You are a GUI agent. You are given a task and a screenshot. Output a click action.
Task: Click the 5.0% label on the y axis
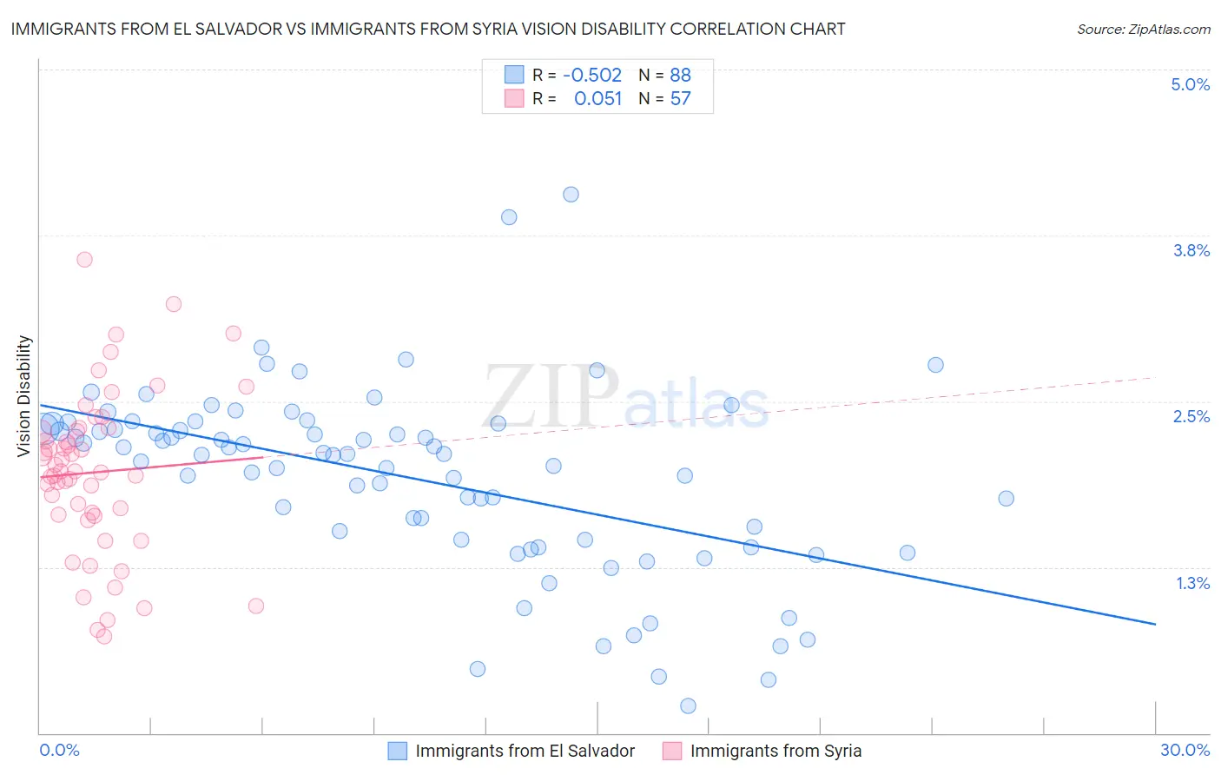tap(1190, 84)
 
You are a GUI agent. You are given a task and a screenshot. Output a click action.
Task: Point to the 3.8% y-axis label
tap(1191, 250)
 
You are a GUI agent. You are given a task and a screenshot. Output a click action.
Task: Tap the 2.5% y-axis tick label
tap(1191, 416)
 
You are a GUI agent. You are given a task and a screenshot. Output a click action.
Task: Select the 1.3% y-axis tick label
tap(1192, 583)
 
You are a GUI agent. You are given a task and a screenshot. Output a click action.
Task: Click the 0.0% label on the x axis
tap(59, 750)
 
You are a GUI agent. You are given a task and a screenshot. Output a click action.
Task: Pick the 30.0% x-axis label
tap(1185, 750)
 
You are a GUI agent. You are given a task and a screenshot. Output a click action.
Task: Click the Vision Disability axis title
tap(24, 396)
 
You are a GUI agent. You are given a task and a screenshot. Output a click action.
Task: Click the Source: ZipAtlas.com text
tap(1143, 29)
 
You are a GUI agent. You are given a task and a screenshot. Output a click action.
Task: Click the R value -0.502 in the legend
tap(592, 75)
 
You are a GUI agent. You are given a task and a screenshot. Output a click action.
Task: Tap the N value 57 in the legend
tap(680, 98)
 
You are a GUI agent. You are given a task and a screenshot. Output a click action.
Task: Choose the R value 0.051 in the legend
tap(597, 98)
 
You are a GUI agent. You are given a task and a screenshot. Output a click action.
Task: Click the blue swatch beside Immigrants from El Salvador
tap(397, 751)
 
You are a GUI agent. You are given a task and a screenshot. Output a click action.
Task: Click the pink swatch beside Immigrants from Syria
tap(672, 751)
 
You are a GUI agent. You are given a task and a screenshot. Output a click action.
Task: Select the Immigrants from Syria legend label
tap(775, 751)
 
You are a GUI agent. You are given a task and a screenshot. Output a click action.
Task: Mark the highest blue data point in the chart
tap(571, 195)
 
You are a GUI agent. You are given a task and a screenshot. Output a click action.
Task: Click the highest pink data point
tap(84, 259)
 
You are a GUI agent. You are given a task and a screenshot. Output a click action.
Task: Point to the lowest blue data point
tap(688, 705)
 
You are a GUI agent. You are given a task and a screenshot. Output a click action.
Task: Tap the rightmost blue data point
tap(1006, 498)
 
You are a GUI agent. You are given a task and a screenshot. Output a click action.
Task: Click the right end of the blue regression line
tap(1155, 624)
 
